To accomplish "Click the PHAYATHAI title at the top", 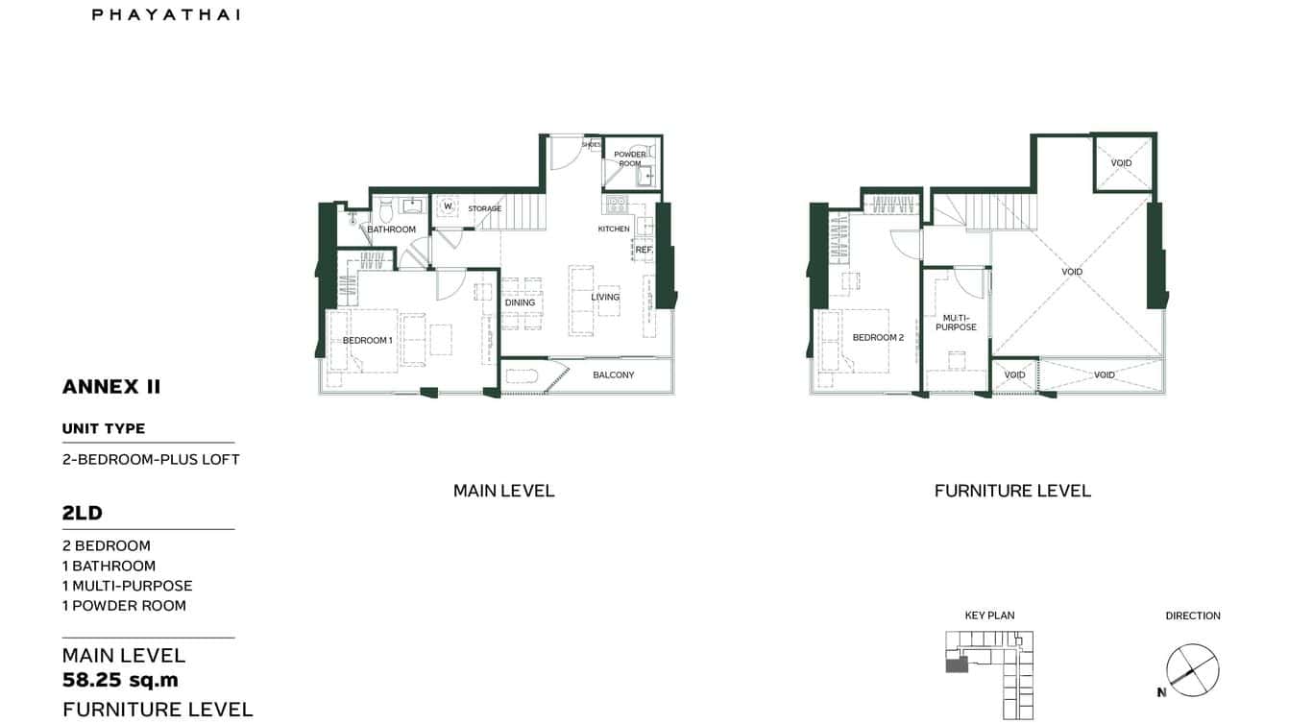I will tap(166, 14).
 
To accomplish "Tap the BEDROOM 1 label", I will tap(368, 341).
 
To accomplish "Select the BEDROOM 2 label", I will tap(878, 337).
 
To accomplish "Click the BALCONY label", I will tap(613, 374).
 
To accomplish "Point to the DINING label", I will tap(520, 302).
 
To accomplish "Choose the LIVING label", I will tap(605, 297).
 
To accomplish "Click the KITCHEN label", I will tap(614, 229).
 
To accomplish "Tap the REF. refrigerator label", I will tap(644, 250).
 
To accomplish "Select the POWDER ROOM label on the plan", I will tap(630, 158).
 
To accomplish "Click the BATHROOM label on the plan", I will tap(392, 229).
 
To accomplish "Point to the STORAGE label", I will tap(485, 208).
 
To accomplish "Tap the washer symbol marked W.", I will tap(448, 205).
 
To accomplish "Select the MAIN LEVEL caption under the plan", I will tap(503, 491).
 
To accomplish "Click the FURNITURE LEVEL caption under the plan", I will tap(1012, 491).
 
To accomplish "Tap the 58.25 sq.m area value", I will tap(120, 681).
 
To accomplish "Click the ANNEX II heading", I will tap(111, 387).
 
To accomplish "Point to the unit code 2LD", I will tap(83, 514).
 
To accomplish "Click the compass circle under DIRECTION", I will tap(1192, 669).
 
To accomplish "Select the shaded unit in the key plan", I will tap(957, 664).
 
